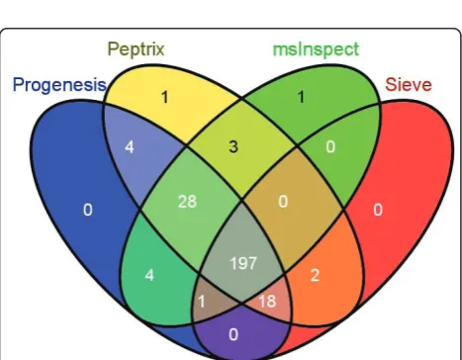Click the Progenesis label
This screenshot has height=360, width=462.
coord(59,85)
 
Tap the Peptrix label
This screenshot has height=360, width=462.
coord(136,49)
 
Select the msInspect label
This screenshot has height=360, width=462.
coord(316,49)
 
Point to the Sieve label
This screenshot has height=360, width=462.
coord(409,84)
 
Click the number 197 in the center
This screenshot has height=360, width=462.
coord(243,263)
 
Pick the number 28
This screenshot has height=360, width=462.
coord(187,202)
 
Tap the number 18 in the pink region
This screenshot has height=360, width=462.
coord(267,301)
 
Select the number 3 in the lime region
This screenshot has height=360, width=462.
coord(233,146)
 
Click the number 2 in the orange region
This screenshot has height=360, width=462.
coord(315,275)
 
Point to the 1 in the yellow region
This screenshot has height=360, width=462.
coord(165,97)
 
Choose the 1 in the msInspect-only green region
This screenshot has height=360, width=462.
coord(301,97)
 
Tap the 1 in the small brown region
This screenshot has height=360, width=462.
coord(202,302)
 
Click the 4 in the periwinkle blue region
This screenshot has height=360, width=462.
coord(130,146)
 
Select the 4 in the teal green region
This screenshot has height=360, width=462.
coord(149,275)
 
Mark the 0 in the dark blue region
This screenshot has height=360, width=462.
coord(88,210)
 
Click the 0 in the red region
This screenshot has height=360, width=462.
coord(378,210)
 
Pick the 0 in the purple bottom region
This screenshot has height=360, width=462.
coord(233,334)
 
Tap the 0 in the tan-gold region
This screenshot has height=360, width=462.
coord(283,202)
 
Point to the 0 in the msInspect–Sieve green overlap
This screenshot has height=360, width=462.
coord(330,146)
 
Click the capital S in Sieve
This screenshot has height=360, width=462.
coord(391,84)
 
